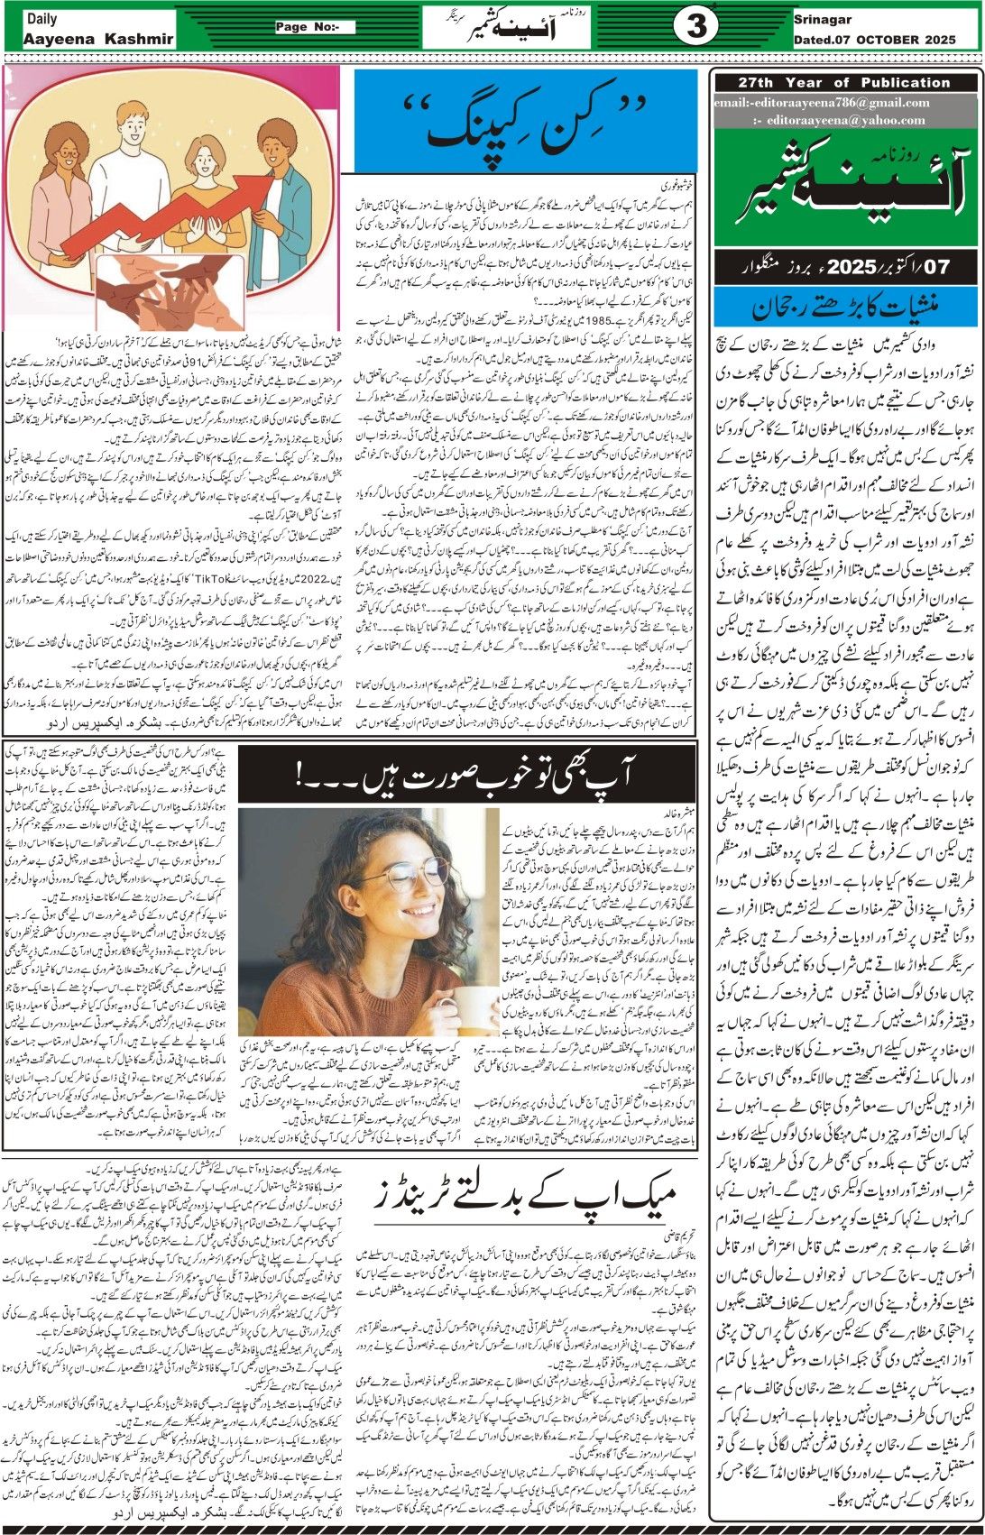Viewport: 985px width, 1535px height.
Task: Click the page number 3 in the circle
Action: [696, 27]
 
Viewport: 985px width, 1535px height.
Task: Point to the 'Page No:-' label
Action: [315, 27]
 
